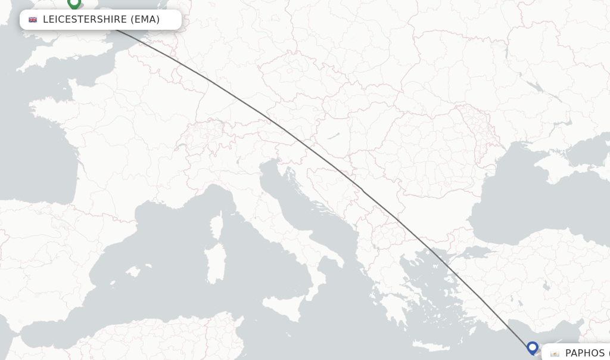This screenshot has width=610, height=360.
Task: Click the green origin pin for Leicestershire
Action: coord(74,4)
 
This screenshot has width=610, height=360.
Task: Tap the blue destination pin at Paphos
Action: coord(533,347)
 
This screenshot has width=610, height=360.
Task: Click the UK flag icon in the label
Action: coord(33,20)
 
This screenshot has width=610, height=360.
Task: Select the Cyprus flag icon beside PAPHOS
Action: coord(555,353)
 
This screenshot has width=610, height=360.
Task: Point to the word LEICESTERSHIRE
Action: coord(85,20)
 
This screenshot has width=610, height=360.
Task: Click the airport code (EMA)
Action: coord(145,20)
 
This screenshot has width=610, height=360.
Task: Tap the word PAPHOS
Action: coord(584,353)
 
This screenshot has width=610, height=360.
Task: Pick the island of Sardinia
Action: coord(216,262)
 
